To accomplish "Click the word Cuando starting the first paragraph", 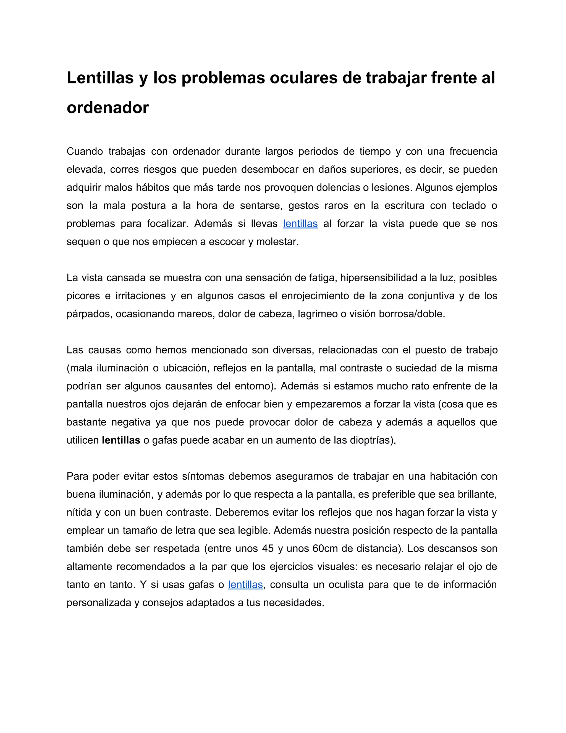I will (x=85, y=151).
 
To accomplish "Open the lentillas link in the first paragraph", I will (x=300, y=223).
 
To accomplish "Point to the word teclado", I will (x=469, y=206).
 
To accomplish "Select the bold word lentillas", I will (x=121, y=440).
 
